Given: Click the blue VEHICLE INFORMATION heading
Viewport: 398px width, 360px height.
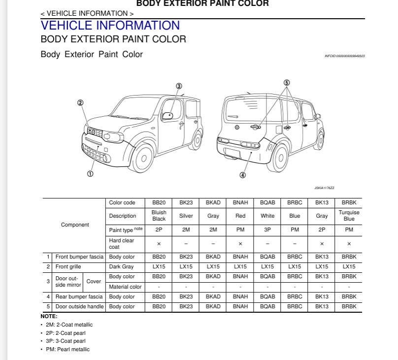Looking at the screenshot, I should (x=110, y=25).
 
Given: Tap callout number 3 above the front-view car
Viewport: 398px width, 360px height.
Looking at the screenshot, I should (x=179, y=86).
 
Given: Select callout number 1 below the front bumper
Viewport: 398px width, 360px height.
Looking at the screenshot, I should (x=91, y=173).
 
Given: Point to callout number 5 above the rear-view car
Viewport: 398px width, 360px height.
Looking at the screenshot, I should (x=287, y=83).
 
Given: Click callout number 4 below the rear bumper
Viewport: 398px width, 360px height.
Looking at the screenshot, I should (x=242, y=175).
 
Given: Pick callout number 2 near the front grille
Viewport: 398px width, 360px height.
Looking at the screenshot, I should (x=80, y=103).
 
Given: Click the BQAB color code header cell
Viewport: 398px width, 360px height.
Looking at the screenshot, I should (x=267, y=203).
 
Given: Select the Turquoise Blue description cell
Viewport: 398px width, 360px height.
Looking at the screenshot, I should (x=349, y=216).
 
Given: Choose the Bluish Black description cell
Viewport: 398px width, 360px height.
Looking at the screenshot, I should (x=159, y=216).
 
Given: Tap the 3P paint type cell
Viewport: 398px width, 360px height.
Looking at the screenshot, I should (x=267, y=229).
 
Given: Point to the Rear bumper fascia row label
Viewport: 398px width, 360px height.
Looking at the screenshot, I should (x=79, y=296).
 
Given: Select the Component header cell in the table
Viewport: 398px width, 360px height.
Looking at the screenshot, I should (x=75, y=225).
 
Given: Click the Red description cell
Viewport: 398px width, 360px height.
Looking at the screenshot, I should (x=240, y=216).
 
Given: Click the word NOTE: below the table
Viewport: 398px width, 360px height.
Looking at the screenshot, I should (x=49, y=316).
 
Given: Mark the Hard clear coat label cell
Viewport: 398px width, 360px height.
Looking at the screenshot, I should (x=121, y=244).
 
